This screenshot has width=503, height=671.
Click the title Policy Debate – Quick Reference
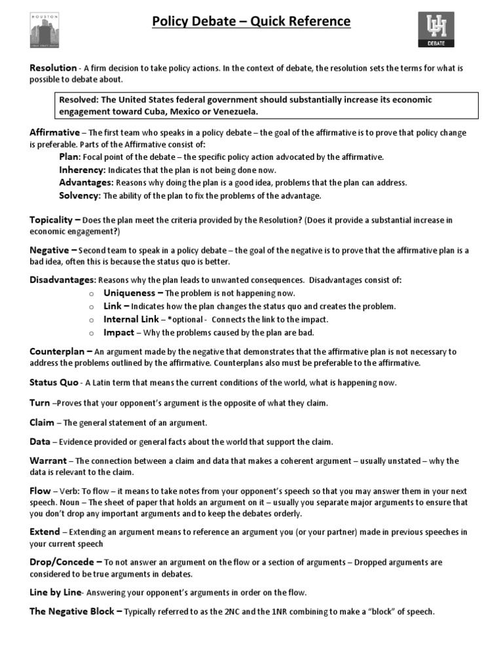coord(251,22)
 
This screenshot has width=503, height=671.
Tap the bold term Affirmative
coord(54,132)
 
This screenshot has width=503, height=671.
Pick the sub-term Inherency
coord(83,170)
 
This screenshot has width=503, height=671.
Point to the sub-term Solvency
coord(80,195)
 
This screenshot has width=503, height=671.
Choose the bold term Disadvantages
coord(62,280)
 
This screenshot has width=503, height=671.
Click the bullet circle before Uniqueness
coord(92,294)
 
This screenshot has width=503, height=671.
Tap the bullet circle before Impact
coord(92,333)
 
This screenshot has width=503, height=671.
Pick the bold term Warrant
coord(48,461)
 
